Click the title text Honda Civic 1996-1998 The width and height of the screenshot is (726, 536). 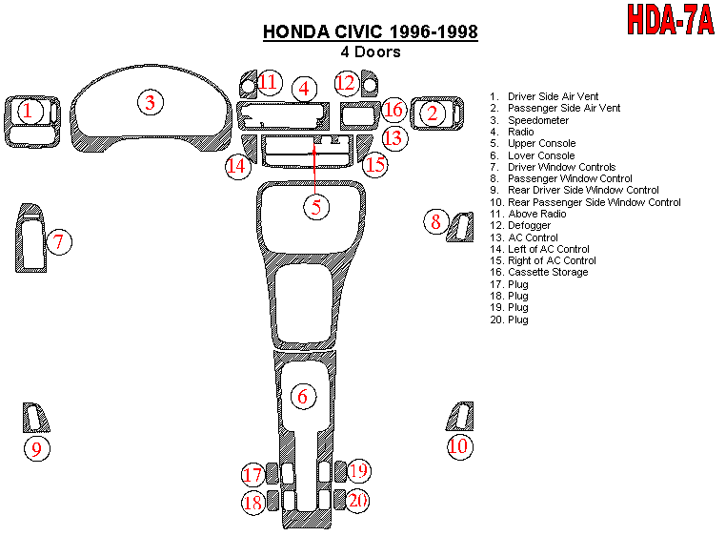(371, 32)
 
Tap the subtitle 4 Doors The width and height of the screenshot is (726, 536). (371, 52)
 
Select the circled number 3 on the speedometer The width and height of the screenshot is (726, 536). (150, 102)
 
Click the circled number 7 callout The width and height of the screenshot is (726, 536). (58, 241)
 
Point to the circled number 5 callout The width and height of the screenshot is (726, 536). (316, 205)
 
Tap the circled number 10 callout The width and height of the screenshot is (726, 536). (459, 445)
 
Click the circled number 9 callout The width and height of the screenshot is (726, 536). (36, 448)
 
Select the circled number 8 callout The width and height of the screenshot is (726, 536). (435, 222)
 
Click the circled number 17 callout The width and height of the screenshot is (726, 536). (252, 474)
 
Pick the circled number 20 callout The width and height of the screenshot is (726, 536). (357, 500)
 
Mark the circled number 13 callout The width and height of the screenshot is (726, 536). (393, 136)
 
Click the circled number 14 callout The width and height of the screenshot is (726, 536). (237, 167)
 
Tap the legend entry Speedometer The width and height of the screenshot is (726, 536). (538, 120)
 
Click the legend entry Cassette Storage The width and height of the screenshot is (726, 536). (548, 272)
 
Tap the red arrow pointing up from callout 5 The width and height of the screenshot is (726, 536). (316, 167)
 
